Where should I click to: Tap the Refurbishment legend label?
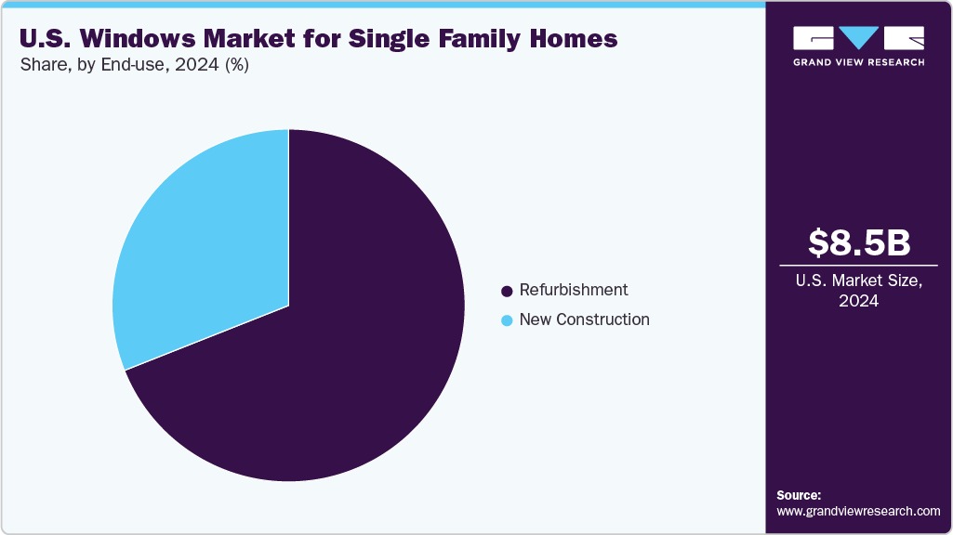pyautogui.click(x=573, y=290)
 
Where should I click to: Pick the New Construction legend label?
pyautogui.click(x=584, y=320)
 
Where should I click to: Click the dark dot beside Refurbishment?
pyautogui.click(x=507, y=291)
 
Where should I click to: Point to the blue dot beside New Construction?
pyautogui.click(x=507, y=320)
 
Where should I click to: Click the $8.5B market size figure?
pyautogui.click(x=858, y=242)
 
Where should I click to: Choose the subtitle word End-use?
pyautogui.click(x=131, y=65)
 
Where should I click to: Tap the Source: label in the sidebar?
pyautogui.click(x=799, y=495)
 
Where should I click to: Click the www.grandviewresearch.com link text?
pyautogui.click(x=858, y=511)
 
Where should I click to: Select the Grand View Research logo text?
pyautogui.click(x=858, y=62)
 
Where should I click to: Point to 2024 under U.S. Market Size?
pyautogui.click(x=858, y=301)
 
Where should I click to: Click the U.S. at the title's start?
pyautogui.click(x=43, y=39)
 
